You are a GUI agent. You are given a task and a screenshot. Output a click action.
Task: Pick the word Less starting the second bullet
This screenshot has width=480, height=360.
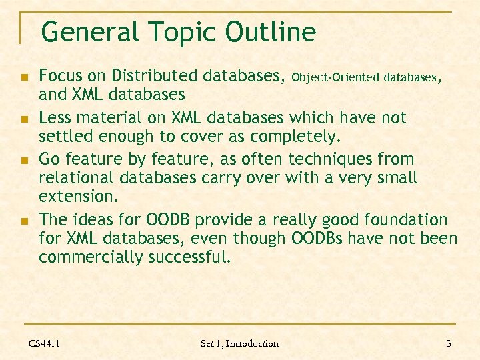(55, 118)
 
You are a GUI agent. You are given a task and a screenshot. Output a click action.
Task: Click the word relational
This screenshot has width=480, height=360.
(75, 178)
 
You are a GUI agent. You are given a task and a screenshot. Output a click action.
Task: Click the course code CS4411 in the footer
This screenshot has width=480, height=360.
(44, 343)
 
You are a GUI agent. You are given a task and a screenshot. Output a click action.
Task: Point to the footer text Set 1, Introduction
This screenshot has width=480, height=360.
(239, 343)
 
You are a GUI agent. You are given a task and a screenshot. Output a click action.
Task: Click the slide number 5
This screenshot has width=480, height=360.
(448, 343)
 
